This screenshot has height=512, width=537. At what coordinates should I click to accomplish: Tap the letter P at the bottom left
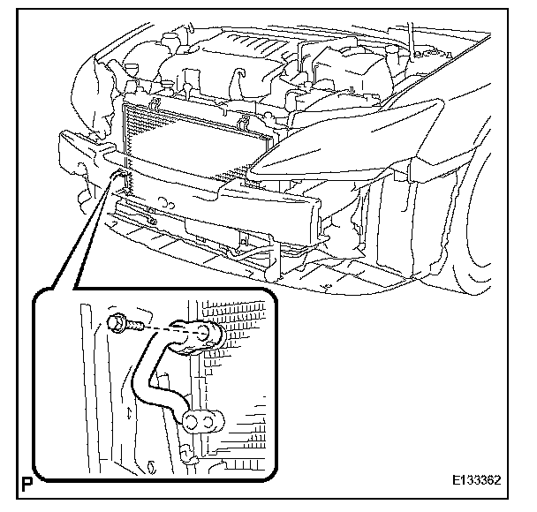click(21, 485)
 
